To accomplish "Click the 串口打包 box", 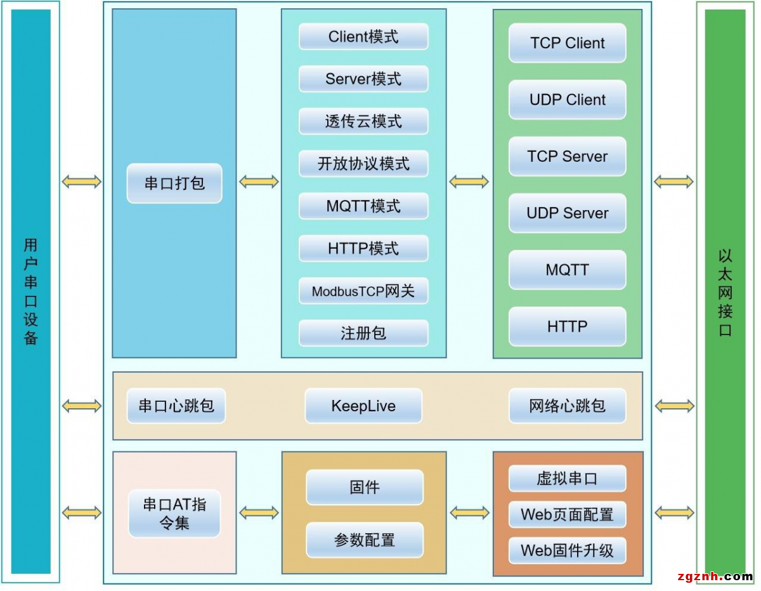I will point(174,183).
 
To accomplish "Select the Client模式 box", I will point(363,37).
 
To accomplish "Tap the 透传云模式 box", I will point(363,121).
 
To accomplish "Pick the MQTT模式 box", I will point(363,206).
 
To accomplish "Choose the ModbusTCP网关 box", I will point(363,291).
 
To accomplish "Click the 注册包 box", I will point(363,333).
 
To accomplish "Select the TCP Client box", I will point(567,43).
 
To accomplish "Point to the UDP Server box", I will point(567,213).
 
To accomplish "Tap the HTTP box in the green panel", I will point(567,326).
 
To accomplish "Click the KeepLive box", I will point(363,406).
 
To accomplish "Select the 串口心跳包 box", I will point(176,406).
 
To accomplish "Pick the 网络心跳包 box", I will point(567,406).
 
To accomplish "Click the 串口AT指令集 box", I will point(174,514).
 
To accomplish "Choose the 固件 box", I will point(365,488).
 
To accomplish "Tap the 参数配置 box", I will point(365,540).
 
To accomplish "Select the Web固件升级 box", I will point(567,550).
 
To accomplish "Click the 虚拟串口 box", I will point(567,479).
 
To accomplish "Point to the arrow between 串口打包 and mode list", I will point(259,182).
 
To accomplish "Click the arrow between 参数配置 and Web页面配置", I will point(469,512).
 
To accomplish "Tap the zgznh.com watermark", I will point(715,576).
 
